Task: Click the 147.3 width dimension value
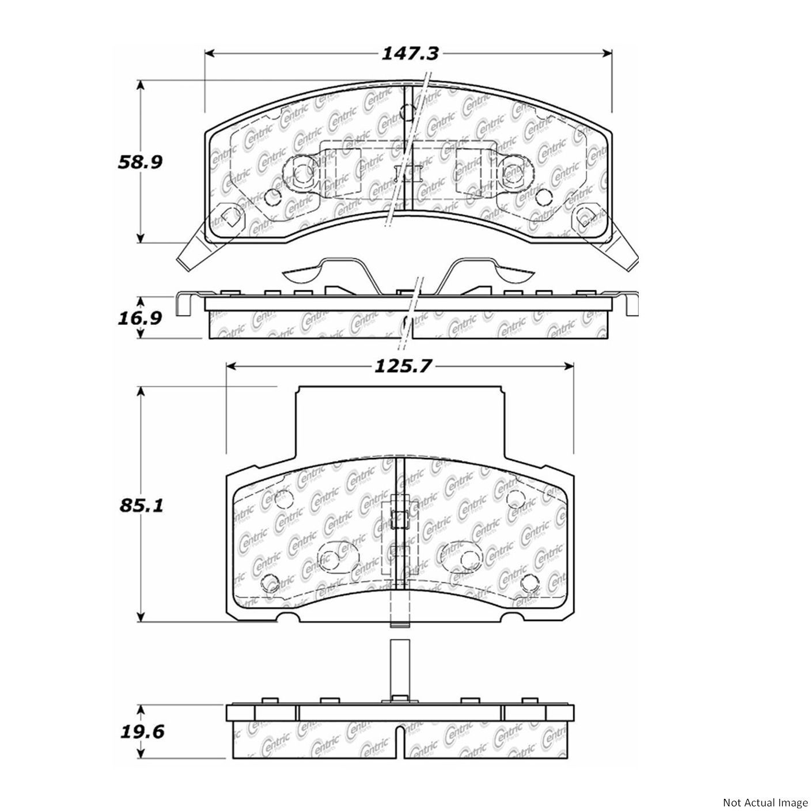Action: pyautogui.click(x=410, y=54)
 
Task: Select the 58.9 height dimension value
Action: pyautogui.click(x=140, y=162)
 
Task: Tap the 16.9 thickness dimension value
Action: pyautogui.click(x=140, y=318)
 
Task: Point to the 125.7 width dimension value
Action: pyautogui.click(x=403, y=366)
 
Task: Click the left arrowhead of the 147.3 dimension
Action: pyautogui.click(x=210, y=54)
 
